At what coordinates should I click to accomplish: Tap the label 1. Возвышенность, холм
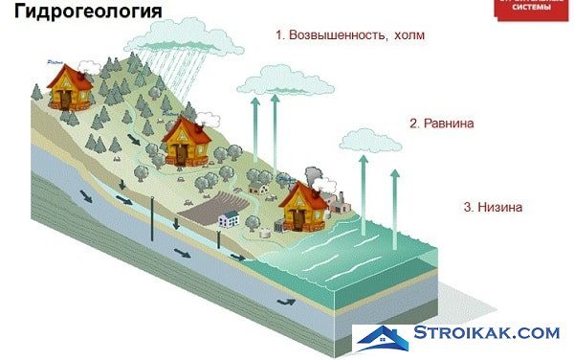349,35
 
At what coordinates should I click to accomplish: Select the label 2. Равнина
442,124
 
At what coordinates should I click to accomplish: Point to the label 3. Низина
494,207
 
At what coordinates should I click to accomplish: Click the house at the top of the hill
70,86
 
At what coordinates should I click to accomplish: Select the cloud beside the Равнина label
371,142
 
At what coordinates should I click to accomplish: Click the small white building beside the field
230,219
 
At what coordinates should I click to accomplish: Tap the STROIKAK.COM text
487,333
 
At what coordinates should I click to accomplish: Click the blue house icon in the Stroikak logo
384,337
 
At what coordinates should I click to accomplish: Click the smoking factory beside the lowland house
338,200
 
